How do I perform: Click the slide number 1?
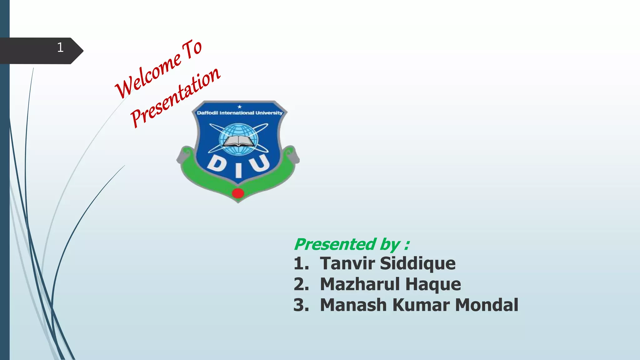pyautogui.click(x=60, y=47)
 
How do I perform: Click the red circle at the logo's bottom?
pyautogui.click(x=238, y=193)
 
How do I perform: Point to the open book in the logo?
pyautogui.click(x=238, y=141)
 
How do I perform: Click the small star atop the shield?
pyautogui.click(x=239, y=107)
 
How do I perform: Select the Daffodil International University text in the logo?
pyautogui.click(x=239, y=113)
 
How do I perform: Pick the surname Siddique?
pyautogui.click(x=417, y=263)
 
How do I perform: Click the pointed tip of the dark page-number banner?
pyautogui.click(x=82, y=51)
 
